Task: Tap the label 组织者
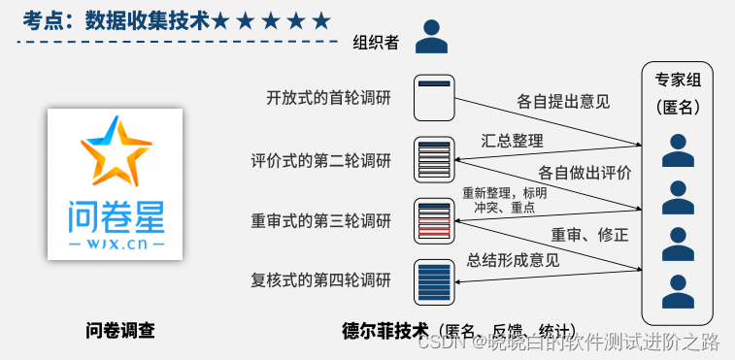coord(377,41)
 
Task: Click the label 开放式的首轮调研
coord(328,97)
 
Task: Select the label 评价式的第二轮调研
coord(321,160)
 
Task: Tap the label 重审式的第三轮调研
coord(321,221)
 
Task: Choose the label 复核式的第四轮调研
coord(321,281)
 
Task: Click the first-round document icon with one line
coord(434,95)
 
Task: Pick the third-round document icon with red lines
coord(434,219)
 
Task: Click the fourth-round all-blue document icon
coord(434,280)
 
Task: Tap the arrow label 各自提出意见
coord(563,101)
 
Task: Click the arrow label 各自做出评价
coord(585,173)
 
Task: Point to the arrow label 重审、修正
coord(588,235)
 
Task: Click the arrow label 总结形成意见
coord(514,259)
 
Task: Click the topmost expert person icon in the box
coord(678,151)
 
